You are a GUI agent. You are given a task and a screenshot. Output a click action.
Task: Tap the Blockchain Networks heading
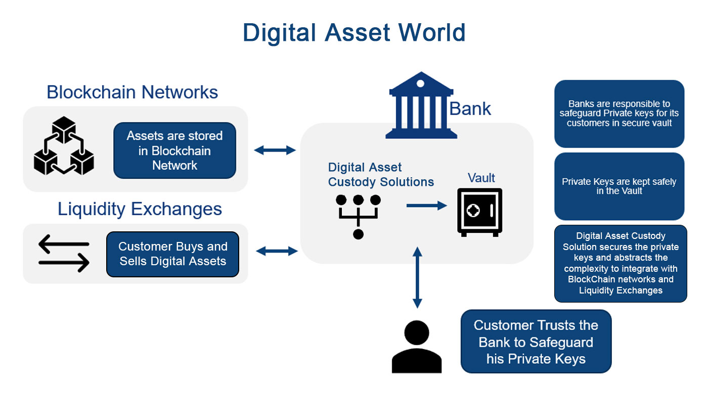click(132, 92)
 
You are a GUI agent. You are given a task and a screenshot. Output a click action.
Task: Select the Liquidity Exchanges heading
click(140, 209)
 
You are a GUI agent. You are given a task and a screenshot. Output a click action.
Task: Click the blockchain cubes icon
click(64, 146)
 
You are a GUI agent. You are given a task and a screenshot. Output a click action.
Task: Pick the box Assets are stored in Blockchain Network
click(174, 151)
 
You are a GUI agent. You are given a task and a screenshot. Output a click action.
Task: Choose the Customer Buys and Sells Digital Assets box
click(172, 254)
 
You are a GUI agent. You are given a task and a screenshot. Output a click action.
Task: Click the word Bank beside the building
click(470, 109)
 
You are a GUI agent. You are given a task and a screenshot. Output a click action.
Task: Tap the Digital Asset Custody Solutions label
click(381, 175)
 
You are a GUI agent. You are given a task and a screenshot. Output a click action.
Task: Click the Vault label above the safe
click(481, 178)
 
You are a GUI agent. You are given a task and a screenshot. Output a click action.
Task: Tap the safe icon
click(479, 212)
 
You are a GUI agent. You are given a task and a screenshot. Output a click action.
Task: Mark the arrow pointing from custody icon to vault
click(427, 206)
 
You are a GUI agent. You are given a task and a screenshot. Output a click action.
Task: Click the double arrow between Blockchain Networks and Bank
click(275, 150)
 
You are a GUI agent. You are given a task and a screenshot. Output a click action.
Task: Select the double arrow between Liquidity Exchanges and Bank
click(277, 251)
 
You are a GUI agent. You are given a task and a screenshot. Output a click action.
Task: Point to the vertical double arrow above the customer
click(417, 277)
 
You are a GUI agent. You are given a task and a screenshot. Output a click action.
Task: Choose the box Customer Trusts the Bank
click(536, 342)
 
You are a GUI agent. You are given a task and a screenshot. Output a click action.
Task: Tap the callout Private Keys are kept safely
click(619, 186)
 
